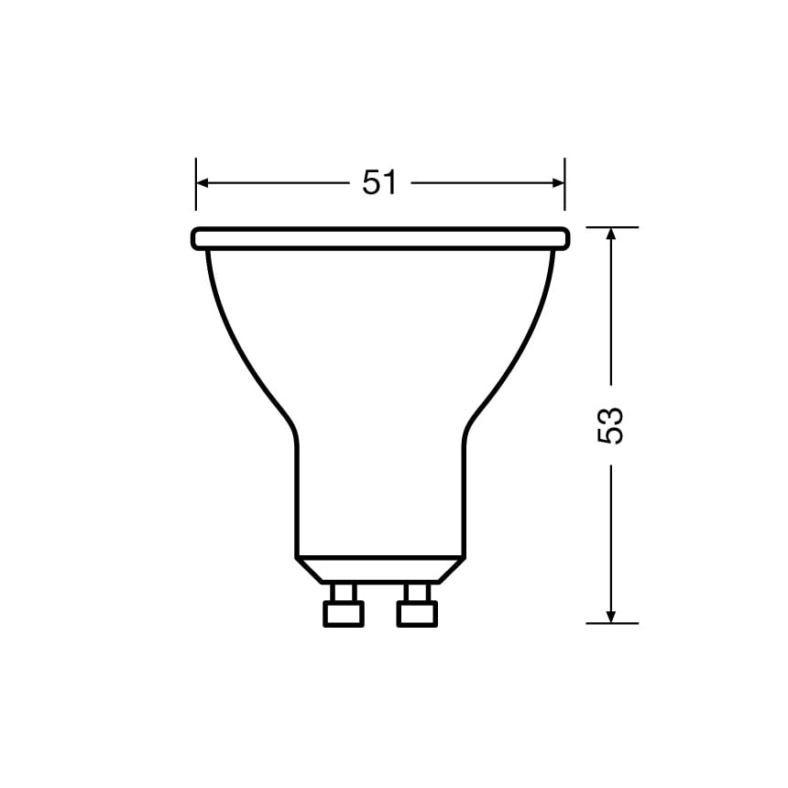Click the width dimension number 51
(x=379, y=183)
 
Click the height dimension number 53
(x=611, y=425)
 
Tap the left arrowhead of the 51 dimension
(x=203, y=183)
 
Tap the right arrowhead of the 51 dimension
(x=557, y=183)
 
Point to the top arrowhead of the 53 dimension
(x=611, y=235)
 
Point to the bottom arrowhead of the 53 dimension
(x=611, y=615)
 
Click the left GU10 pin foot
(x=344, y=613)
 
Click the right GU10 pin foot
(x=417, y=613)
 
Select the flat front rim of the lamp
(x=380, y=239)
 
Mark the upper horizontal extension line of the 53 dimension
(x=611, y=226)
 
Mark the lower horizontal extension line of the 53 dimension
(x=611, y=623)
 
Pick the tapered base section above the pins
(x=380, y=569)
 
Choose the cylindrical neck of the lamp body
(x=380, y=495)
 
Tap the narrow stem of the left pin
(x=344, y=591)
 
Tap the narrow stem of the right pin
(x=417, y=591)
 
